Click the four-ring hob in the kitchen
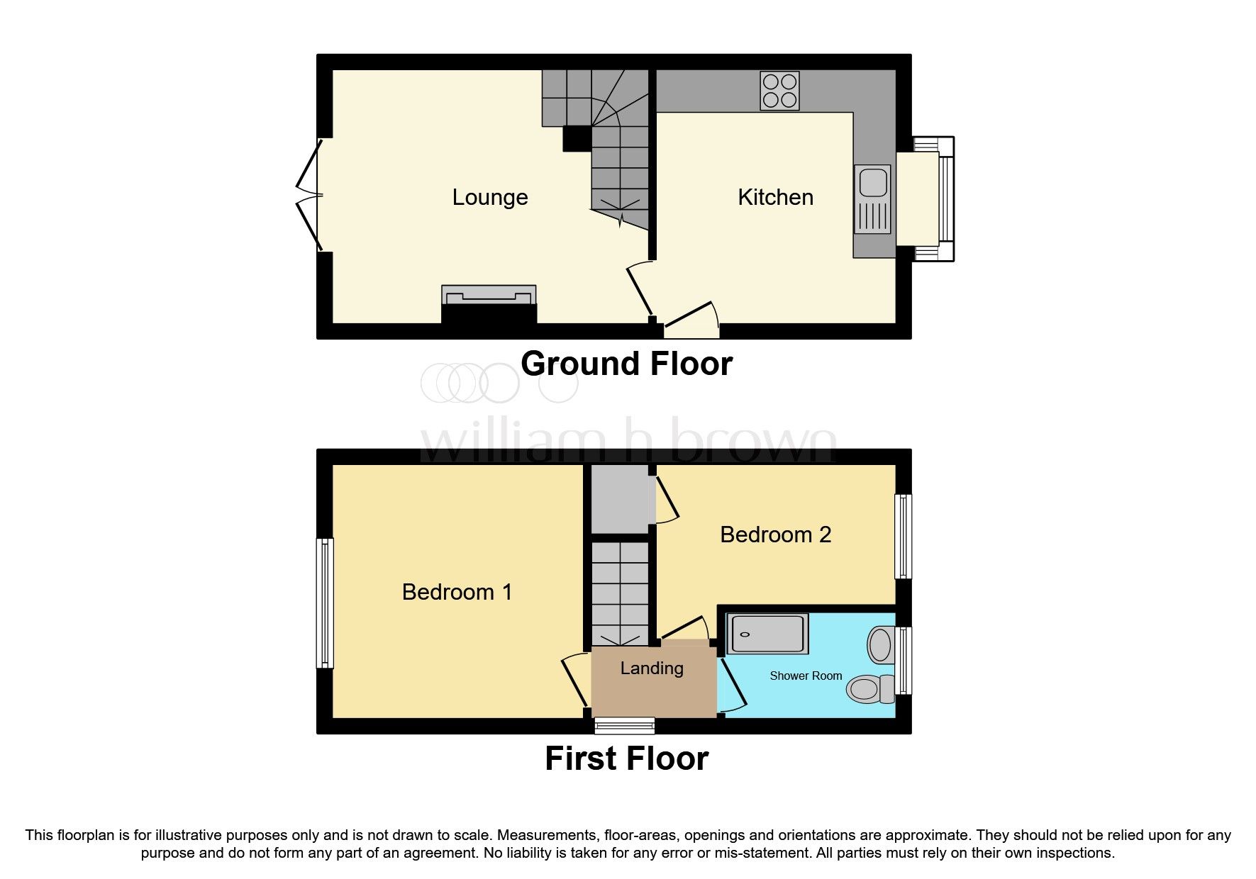click(x=779, y=91)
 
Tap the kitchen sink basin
click(x=873, y=183)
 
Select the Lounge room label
click(x=490, y=197)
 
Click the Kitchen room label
click(x=775, y=197)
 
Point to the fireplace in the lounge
click(x=489, y=303)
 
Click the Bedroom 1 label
click(x=457, y=592)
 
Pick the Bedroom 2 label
click(x=775, y=534)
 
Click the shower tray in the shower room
click(x=767, y=634)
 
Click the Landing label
click(x=652, y=668)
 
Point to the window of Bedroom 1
click(x=324, y=603)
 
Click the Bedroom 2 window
click(x=903, y=537)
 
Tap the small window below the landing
click(x=624, y=724)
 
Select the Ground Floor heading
click(x=626, y=364)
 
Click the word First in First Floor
click(x=580, y=758)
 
